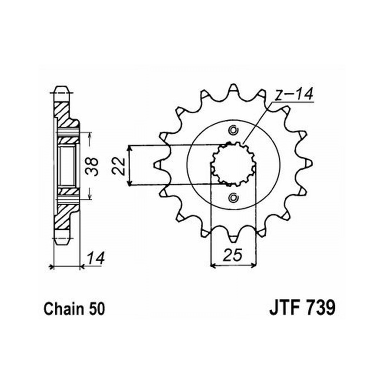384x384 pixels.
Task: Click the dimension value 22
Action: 118,166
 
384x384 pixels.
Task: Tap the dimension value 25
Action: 232,255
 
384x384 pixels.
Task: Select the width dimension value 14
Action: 96,258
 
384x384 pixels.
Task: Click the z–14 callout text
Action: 293,94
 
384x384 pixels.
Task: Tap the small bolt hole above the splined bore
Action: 233,130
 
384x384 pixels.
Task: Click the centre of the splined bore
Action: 233,164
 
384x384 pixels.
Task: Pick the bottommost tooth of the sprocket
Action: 233,238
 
